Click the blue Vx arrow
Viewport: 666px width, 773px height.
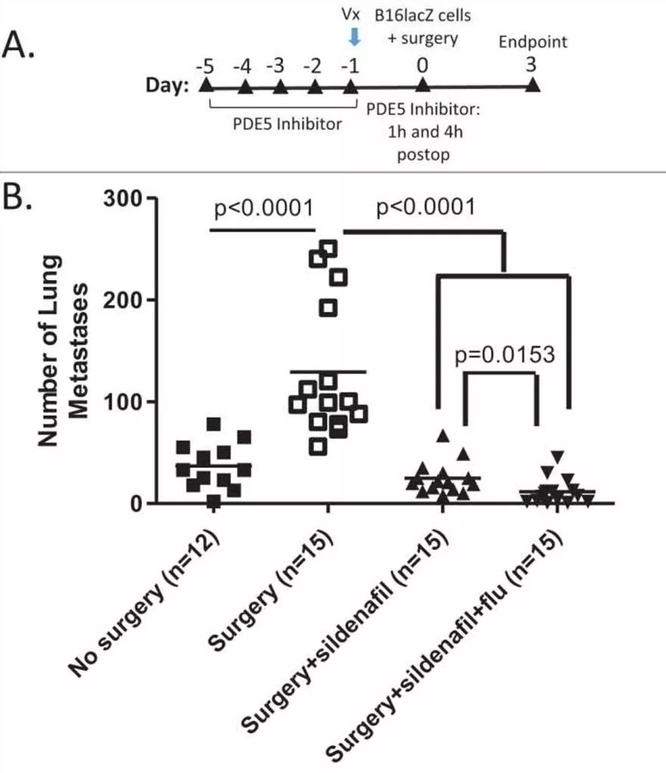pyautogui.click(x=353, y=36)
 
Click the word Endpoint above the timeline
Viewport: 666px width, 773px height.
pyautogui.click(x=532, y=42)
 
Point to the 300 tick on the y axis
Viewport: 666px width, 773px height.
pyautogui.click(x=125, y=198)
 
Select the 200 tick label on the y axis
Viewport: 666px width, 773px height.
pyautogui.click(x=125, y=301)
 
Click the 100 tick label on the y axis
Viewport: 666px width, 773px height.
pyautogui.click(x=125, y=402)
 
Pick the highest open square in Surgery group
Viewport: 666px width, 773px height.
pyautogui.click(x=329, y=248)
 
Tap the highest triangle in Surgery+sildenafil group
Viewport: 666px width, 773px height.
pyautogui.click(x=443, y=436)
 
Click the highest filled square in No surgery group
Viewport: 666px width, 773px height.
pyautogui.click(x=213, y=424)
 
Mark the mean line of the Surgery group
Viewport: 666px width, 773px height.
pyautogui.click(x=328, y=372)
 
